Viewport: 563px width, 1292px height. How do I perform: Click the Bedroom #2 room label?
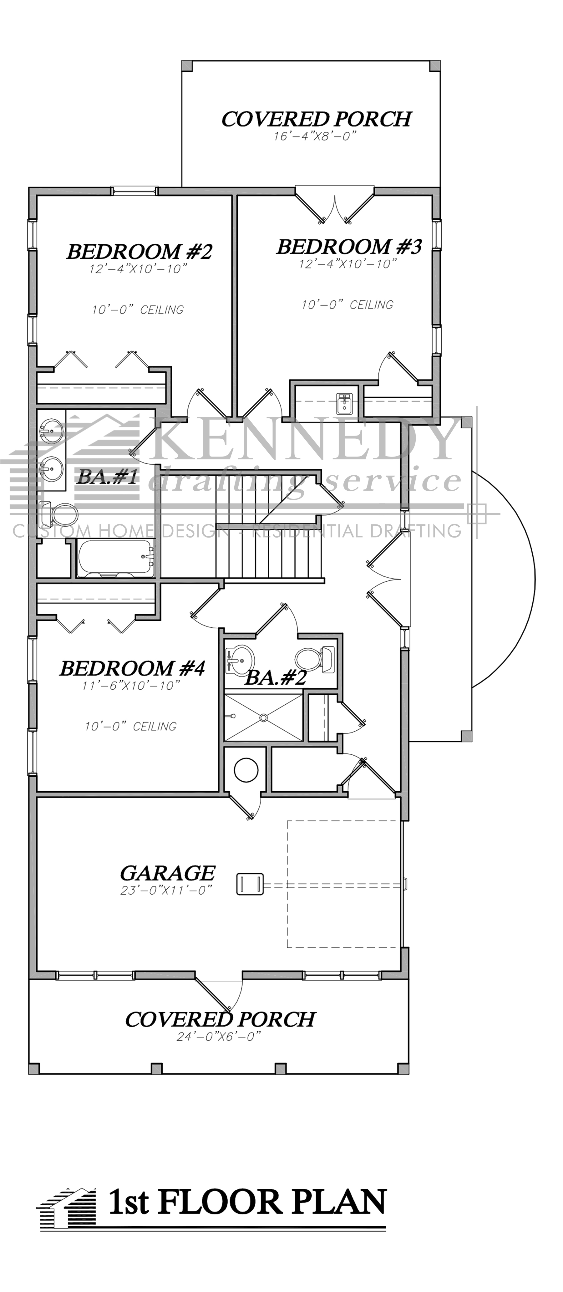click(x=139, y=252)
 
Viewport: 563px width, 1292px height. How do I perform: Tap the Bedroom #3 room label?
click(x=349, y=247)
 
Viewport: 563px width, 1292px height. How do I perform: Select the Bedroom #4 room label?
click(x=132, y=669)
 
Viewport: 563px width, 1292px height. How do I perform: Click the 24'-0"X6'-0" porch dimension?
click(x=219, y=1036)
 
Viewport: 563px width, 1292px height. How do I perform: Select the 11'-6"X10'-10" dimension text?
click(x=131, y=686)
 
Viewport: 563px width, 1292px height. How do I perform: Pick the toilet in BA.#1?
click(x=59, y=513)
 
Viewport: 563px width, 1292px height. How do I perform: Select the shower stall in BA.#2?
click(x=263, y=717)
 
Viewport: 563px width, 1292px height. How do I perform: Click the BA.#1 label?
click(x=107, y=477)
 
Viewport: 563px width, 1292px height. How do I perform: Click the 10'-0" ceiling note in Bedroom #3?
click(x=347, y=304)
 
